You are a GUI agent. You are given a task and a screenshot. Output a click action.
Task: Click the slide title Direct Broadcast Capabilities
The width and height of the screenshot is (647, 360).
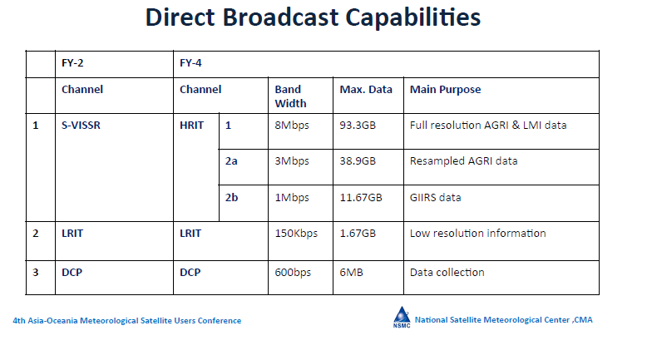pyautogui.click(x=313, y=17)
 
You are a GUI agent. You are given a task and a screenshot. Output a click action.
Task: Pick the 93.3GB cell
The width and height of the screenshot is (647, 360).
pyautogui.click(x=358, y=126)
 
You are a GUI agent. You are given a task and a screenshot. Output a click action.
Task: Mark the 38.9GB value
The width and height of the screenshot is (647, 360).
pyautogui.click(x=358, y=161)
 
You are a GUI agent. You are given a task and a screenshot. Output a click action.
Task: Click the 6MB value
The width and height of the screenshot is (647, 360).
pyautogui.click(x=351, y=273)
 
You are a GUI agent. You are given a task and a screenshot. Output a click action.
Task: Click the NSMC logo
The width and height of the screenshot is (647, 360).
pyautogui.click(x=402, y=318)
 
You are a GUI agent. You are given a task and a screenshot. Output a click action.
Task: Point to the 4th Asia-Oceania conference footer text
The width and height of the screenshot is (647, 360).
pyautogui.click(x=127, y=321)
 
